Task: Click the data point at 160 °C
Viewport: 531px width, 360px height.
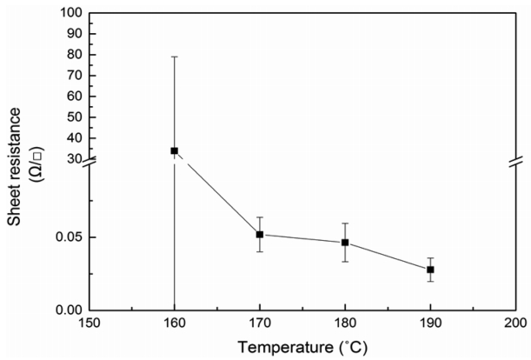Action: tap(174, 150)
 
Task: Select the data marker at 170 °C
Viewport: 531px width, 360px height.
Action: tap(259, 234)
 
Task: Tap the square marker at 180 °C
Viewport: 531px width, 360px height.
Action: tap(345, 243)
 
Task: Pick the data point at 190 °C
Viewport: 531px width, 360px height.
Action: tap(430, 270)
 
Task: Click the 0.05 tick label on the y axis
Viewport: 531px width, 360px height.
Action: tap(68, 237)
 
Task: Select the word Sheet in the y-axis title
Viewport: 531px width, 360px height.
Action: tap(15, 207)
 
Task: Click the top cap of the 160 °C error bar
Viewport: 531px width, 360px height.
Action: tap(174, 57)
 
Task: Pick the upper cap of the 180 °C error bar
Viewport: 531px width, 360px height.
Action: tap(345, 223)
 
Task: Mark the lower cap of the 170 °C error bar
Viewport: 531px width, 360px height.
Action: tap(259, 252)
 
